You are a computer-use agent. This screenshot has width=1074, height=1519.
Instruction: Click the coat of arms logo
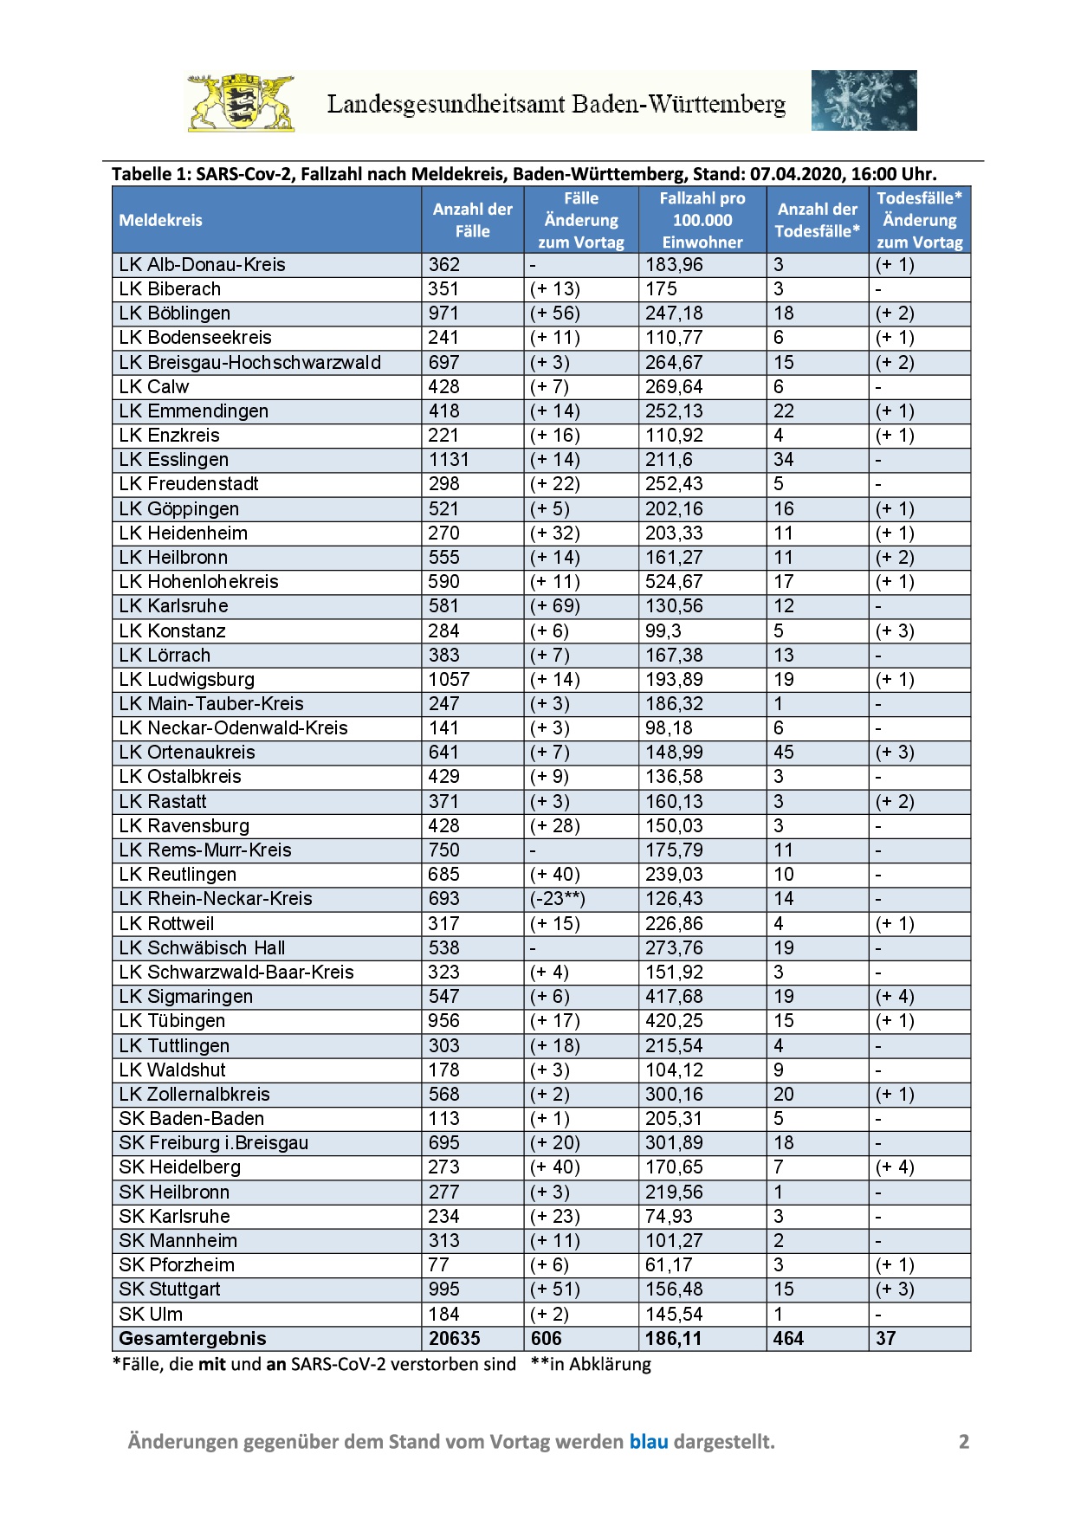[x=242, y=102]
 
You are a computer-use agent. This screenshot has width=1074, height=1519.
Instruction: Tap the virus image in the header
[x=864, y=100]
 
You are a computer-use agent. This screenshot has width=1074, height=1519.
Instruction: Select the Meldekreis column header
[x=161, y=220]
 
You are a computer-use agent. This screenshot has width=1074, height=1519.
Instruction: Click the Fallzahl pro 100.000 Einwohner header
[x=702, y=220]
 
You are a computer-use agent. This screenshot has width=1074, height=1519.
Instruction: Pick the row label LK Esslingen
[x=174, y=460]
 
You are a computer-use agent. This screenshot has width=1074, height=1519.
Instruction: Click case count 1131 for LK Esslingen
[x=449, y=460]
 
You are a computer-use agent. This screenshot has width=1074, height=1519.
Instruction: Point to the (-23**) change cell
[x=558, y=899]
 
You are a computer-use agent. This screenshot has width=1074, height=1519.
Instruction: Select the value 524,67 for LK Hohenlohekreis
[x=674, y=582]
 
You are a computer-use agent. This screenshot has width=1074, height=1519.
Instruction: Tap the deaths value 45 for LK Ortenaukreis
[x=784, y=753]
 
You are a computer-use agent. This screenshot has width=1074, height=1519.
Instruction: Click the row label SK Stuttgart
[x=170, y=1290]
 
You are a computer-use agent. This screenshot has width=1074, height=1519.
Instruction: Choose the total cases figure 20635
[x=455, y=1339]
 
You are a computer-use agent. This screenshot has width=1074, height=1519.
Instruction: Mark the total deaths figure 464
[x=788, y=1339]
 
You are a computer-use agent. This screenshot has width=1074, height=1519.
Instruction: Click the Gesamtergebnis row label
[x=192, y=1339]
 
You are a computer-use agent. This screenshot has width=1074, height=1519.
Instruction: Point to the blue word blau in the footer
[x=649, y=1442]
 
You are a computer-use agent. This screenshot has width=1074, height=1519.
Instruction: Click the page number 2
[x=964, y=1442]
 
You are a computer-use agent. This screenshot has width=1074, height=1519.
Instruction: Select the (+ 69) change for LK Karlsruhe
[x=555, y=606]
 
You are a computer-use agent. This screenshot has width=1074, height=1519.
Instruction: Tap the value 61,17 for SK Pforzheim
[x=669, y=1265]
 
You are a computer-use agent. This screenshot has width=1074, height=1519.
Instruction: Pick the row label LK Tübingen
[x=172, y=1021]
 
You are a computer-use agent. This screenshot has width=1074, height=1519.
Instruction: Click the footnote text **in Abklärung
[x=591, y=1365]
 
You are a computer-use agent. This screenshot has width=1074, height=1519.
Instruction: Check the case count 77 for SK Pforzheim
[x=439, y=1265]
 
